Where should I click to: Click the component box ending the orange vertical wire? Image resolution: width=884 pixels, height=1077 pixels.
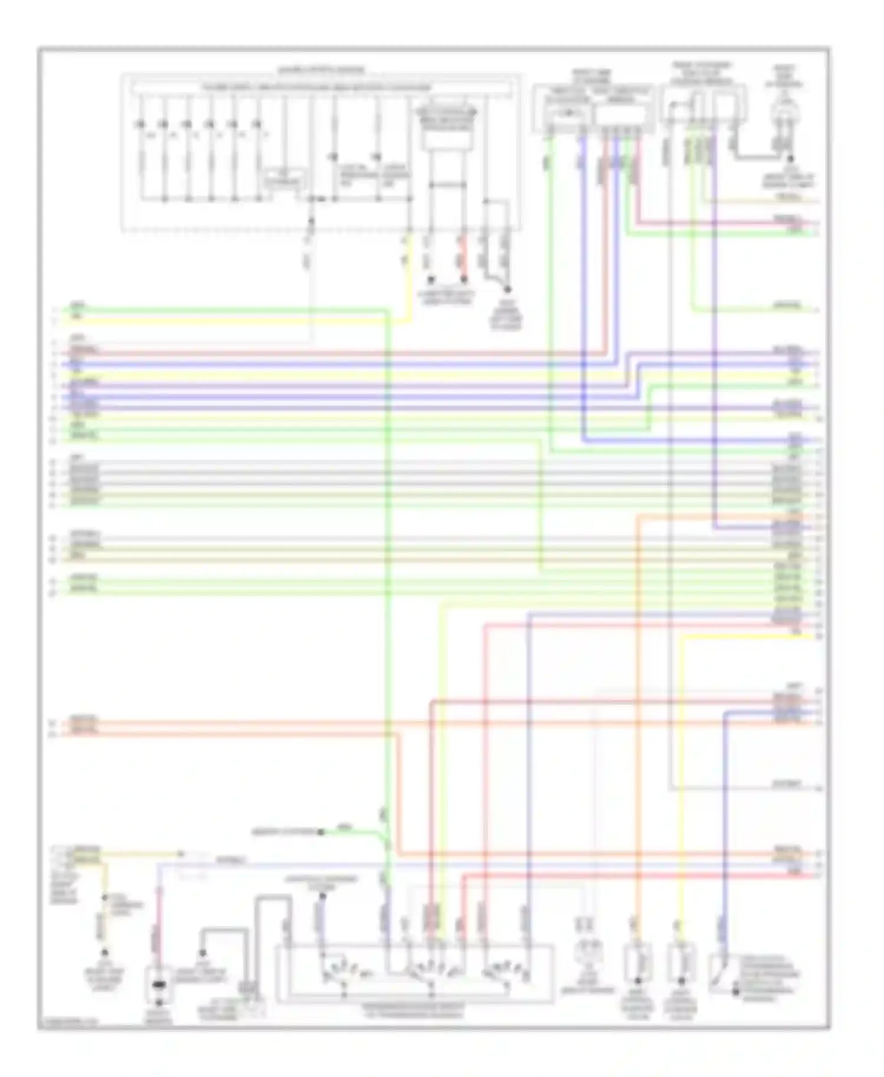tap(638, 962)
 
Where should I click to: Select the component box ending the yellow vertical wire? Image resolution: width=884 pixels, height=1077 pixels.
tap(681, 962)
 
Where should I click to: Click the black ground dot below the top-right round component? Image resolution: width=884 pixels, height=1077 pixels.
tap(790, 158)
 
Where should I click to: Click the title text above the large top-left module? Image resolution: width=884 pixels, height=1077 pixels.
tap(321, 70)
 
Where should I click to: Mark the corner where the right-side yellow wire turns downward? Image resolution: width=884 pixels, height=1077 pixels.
tap(682, 637)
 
